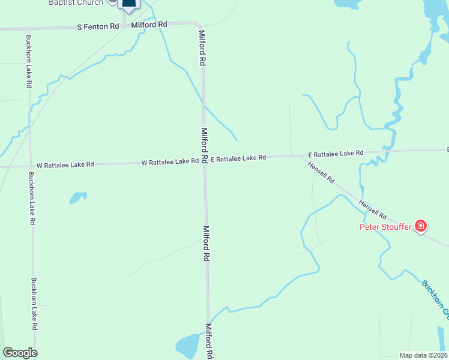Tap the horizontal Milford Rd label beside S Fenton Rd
click(149, 25)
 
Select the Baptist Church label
click(76, 2)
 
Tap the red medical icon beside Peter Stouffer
click(421, 226)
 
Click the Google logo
click(20, 353)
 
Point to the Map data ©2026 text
click(423, 355)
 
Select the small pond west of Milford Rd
click(78, 197)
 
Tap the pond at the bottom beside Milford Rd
click(190, 346)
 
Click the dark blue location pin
click(129, 5)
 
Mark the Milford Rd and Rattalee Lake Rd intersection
click(205, 160)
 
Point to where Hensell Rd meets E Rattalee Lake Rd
click(301, 156)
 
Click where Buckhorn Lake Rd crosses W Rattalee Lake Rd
click(30, 166)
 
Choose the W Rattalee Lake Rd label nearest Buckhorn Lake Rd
click(65, 164)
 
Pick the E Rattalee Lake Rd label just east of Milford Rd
click(238, 158)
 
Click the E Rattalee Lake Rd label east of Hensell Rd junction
click(336, 154)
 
